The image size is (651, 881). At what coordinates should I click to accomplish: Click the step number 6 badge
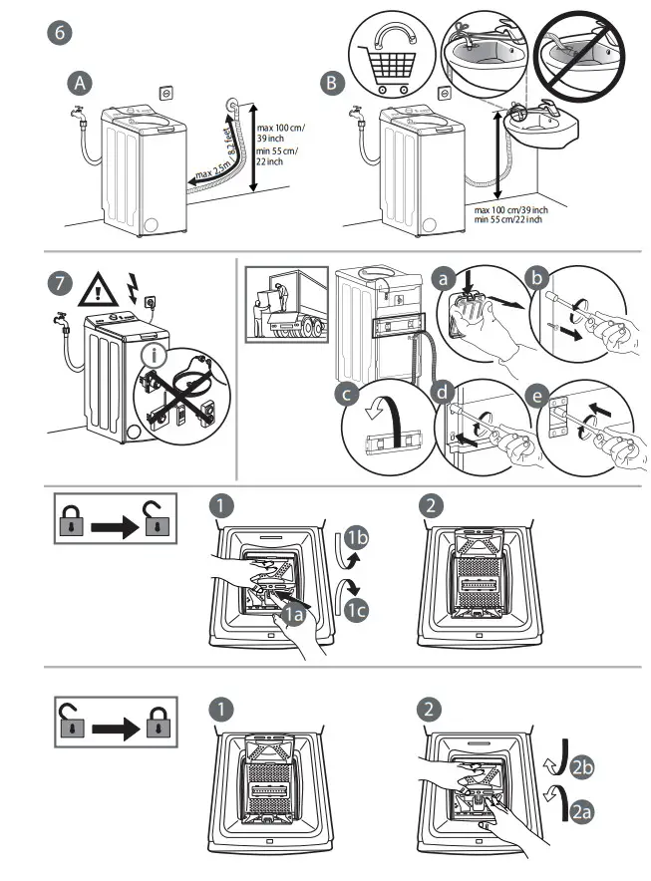click(62, 31)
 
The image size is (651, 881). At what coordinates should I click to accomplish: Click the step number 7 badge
click(61, 283)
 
